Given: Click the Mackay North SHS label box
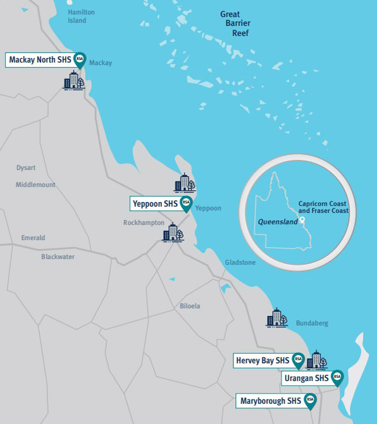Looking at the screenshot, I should pyautogui.click(x=39, y=61).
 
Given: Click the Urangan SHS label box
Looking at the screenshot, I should pyautogui.click(x=306, y=378).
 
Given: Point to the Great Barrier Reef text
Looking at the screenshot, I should pyautogui.click(x=235, y=25).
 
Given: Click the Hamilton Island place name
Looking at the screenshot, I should pyautogui.click(x=80, y=16).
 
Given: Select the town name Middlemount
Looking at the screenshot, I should pyautogui.click(x=35, y=185).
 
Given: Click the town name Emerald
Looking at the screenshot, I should pyautogui.click(x=33, y=238).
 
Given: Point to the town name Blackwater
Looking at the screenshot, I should pyautogui.click(x=58, y=257).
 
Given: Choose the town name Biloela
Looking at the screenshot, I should pyautogui.click(x=190, y=306).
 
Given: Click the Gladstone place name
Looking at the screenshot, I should pyautogui.click(x=240, y=262).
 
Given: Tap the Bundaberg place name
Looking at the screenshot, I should pyautogui.click(x=312, y=324).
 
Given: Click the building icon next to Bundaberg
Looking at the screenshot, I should pyautogui.click(x=276, y=318).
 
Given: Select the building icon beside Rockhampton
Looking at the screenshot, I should pyautogui.click(x=173, y=233).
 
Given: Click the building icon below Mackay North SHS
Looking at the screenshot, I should pyautogui.click(x=74, y=80).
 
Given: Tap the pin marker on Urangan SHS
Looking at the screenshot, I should pyautogui.click(x=337, y=377).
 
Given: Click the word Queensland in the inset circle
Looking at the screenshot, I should pyautogui.click(x=278, y=222).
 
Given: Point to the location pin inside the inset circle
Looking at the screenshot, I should pyautogui.click(x=302, y=221).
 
